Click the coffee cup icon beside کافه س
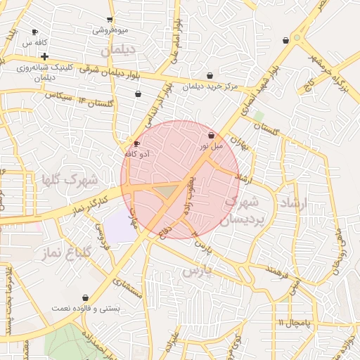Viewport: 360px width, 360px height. coord(35,32)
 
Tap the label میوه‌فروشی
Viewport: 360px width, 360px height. coord(110,31)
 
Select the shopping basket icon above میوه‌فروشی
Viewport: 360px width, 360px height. coord(110,20)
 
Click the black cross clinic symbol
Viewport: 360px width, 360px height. coord(44,56)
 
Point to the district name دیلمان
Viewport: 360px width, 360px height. coord(117,51)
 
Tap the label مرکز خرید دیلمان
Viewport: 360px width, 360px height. coord(210,86)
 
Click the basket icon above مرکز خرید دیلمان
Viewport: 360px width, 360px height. coord(210,76)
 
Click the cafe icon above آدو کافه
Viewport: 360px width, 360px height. coord(136,143)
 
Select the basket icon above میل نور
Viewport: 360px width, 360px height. coord(211,134)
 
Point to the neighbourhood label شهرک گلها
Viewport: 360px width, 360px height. coord(70,180)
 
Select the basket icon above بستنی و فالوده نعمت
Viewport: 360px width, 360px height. coord(86,298)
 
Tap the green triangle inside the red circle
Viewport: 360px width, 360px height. coord(165,191)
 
